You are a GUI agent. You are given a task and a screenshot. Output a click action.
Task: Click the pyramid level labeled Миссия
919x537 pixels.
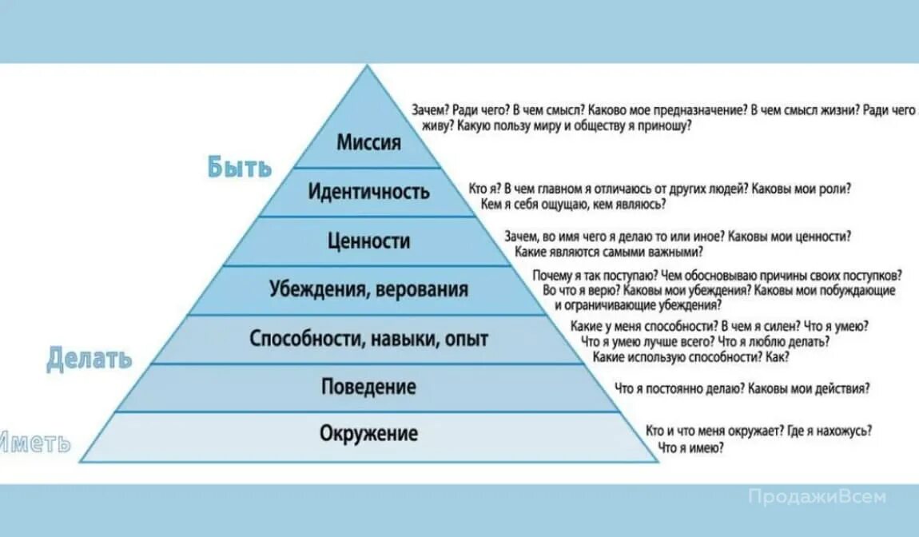[368, 144]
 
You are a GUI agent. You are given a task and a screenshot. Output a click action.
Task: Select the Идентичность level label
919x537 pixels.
[368, 192]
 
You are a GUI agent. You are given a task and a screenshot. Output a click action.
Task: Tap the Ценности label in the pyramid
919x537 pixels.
[368, 241]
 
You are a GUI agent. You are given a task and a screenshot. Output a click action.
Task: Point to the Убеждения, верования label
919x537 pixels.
[368, 289]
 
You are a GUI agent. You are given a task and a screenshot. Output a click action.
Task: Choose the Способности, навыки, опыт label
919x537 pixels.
[368, 339]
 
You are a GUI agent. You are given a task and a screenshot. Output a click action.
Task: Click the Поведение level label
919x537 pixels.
[368, 388]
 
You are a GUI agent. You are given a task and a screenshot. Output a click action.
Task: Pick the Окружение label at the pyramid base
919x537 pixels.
[368, 434]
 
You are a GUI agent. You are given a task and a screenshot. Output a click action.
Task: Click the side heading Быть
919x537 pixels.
[240, 167]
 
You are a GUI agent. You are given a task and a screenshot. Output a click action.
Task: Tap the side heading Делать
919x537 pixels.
[90, 357]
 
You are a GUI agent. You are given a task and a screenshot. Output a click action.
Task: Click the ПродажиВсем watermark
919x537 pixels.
[817, 496]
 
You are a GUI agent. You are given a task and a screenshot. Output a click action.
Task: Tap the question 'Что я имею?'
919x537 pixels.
[691, 448]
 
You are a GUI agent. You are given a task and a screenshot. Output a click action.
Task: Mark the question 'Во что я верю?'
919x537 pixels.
[580, 291]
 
